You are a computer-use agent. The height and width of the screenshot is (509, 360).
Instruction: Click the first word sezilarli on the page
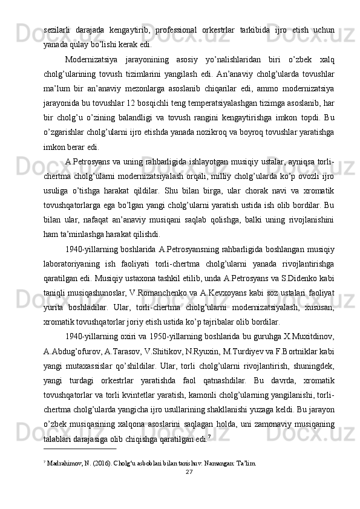pyautogui.click(x=56, y=30)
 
